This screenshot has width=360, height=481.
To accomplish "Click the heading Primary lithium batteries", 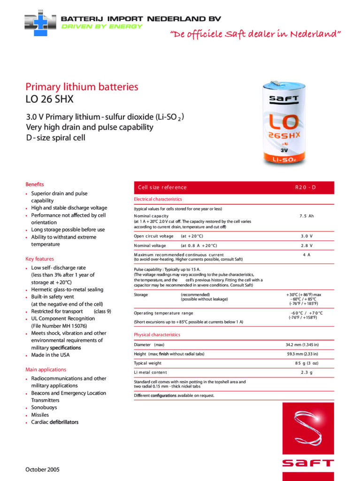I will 82,87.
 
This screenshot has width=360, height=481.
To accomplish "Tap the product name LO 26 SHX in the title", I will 49,99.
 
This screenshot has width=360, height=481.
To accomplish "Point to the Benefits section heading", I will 35,184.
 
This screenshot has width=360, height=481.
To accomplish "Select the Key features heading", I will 39,259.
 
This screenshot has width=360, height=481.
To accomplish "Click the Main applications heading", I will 46,370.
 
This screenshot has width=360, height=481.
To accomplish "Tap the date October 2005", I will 42,469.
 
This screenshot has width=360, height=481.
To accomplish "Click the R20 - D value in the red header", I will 306,187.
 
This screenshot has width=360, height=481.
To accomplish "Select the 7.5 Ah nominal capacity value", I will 306,216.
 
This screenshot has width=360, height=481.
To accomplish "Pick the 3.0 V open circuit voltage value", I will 306,236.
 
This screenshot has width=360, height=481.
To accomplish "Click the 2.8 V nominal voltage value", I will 306,246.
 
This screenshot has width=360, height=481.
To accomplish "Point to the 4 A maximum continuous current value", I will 306,255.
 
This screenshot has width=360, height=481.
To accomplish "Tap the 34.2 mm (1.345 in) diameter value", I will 302,345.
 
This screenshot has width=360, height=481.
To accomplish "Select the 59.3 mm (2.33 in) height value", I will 302,354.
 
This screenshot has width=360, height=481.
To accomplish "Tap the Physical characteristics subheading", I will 157,335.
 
